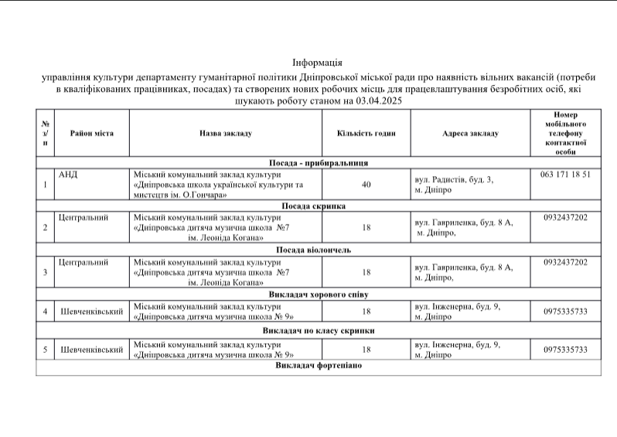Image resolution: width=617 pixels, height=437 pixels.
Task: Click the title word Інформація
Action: pyautogui.click(x=317, y=62)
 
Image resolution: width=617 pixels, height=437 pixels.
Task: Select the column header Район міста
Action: pyautogui.click(x=92, y=134)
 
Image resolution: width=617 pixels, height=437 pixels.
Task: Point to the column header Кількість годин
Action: pyautogui.click(x=366, y=134)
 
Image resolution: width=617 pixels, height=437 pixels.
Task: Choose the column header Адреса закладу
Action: pyautogui.click(x=470, y=134)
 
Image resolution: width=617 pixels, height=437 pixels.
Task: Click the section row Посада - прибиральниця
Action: pyautogui.click(x=318, y=163)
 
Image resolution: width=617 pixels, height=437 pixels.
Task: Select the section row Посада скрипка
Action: pyautogui.click(x=318, y=206)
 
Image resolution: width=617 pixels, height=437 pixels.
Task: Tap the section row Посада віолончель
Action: pyautogui.click(x=318, y=250)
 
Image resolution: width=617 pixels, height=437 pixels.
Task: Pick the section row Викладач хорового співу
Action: pyautogui.click(x=318, y=294)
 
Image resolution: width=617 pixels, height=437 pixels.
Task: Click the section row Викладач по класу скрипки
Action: pyautogui.click(x=318, y=330)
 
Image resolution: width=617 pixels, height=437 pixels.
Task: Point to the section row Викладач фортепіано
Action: pyautogui.click(x=318, y=364)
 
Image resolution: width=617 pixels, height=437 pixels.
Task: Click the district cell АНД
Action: pyautogui.click(x=69, y=174)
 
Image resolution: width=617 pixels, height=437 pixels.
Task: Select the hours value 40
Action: pyautogui.click(x=366, y=185)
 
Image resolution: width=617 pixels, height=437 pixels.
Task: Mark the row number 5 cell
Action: pyautogui.click(x=46, y=350)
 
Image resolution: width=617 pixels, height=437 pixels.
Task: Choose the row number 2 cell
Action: pyautogui.click(x=46, y=228)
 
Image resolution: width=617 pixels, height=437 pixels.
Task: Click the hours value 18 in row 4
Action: pyautogui.click(x=366, y=311)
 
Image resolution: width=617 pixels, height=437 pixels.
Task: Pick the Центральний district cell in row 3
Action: pyautogui.click(x=83, y=262)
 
